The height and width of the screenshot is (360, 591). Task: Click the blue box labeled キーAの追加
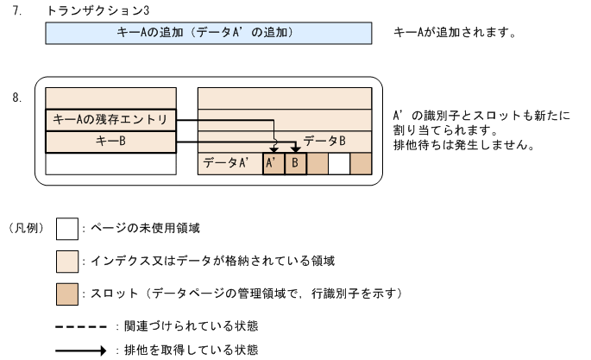point(207,34)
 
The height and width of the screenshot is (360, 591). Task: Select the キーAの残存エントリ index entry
point(110,119)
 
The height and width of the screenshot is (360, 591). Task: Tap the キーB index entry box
point(110,141)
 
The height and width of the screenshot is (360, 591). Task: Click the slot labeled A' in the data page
point(273,162)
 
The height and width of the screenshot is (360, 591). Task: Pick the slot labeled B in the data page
point(295,162)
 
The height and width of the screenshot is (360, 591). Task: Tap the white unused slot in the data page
point(338,162)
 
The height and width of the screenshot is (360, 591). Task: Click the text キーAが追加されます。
point(454,34)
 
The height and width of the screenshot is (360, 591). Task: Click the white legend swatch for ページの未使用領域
point(66,229)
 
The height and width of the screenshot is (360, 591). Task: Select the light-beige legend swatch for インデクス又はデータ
point(66,261)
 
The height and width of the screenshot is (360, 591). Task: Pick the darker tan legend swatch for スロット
point(66,293)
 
